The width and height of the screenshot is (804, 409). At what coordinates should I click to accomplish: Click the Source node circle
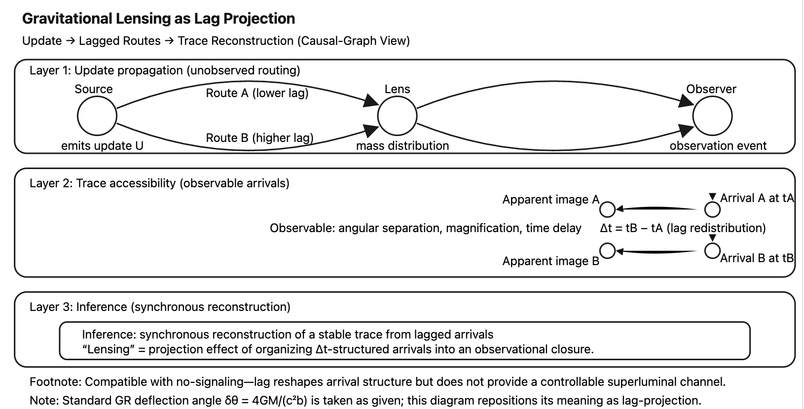coord(97,116)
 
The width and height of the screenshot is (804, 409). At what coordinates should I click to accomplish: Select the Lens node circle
coord(397,116)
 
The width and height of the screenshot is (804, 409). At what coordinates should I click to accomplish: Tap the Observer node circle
coord(712,116)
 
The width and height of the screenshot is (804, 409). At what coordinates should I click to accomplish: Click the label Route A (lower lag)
coord(257,93)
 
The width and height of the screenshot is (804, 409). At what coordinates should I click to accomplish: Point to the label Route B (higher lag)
coord(259,138)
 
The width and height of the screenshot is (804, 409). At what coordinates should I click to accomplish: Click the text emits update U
coord(102,146)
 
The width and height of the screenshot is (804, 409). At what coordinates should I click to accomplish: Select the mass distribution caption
coord(402,146)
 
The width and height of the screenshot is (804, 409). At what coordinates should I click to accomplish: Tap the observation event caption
coord(718,146)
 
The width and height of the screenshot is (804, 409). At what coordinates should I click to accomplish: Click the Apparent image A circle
coord(607,209)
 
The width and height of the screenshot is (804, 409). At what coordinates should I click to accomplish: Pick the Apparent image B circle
coord(607,251)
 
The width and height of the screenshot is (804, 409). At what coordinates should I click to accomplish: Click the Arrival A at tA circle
coord(712,209)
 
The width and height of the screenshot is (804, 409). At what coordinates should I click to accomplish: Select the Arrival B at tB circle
coord(712,251)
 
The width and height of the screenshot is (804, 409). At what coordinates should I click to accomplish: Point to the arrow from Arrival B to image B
coord(658,251)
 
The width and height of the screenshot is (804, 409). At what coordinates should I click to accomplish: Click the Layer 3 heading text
coord(160,307)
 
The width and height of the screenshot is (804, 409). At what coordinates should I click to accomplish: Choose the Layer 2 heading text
coord(159,183)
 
